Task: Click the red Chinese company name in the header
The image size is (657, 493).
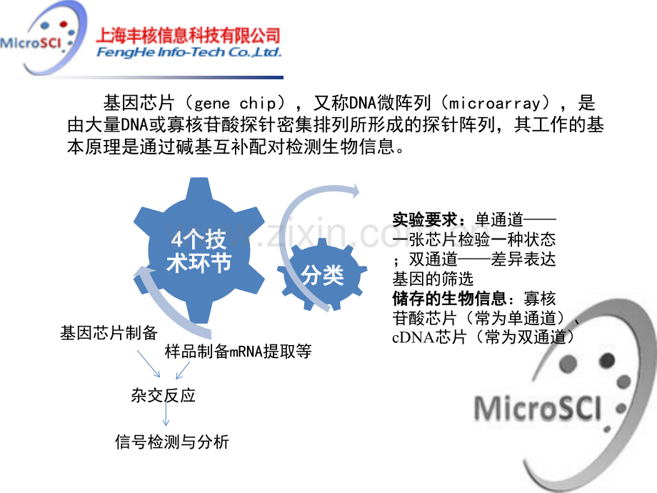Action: (x=188, y=36)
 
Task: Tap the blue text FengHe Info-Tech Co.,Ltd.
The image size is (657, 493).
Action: (x=189, y=52)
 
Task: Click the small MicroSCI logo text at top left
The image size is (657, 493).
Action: (x=31, y=43)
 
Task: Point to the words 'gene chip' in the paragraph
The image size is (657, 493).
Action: (x=235, y=103)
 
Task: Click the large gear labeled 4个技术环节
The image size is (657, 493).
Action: (x=199, y=250)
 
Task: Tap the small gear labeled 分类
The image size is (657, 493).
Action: (x=322, y=274)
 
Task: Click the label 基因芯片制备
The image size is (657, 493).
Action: (x=109, y=333)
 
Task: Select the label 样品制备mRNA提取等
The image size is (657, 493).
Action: (x=238, y=352)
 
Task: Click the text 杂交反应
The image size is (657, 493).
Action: (x=163, y=395)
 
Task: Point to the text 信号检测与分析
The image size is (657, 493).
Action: (x=172, y=442)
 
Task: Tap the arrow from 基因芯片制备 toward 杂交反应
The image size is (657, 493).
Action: (x=149, y=364)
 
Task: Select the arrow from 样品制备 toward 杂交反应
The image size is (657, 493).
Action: (x=183, y=370)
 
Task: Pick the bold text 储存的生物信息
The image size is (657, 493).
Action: (x=449, y=299)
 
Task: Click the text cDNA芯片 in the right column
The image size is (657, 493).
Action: (x=429, y=337)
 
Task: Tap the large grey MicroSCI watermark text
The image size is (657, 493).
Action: (x=537, y=408)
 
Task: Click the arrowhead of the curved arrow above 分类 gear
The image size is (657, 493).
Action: (x=356, y=191)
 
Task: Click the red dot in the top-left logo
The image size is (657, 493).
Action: (x=64, y=24)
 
